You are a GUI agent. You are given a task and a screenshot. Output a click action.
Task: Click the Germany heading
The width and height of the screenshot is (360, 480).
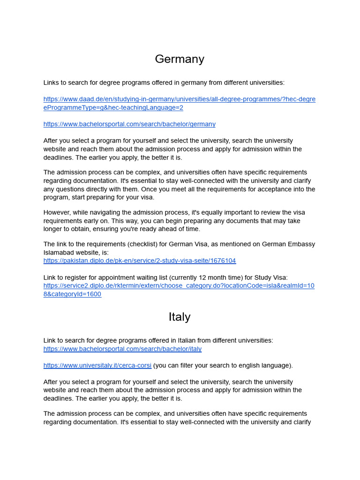point(180,59)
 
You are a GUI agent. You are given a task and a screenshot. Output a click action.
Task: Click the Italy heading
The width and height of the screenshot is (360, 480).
point(180,317)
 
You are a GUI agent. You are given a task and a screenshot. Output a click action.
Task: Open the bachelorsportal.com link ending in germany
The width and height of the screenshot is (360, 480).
point(129,124)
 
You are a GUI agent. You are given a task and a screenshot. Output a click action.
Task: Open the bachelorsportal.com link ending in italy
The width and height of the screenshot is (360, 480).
point(122,349)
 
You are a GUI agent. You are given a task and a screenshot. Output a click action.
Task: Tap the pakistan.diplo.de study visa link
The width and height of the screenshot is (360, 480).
point(140,261)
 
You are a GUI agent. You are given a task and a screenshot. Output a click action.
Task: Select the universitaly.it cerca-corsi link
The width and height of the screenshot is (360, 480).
point(97,365)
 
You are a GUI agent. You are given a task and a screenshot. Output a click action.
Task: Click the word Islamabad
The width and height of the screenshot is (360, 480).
point(60,253)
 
